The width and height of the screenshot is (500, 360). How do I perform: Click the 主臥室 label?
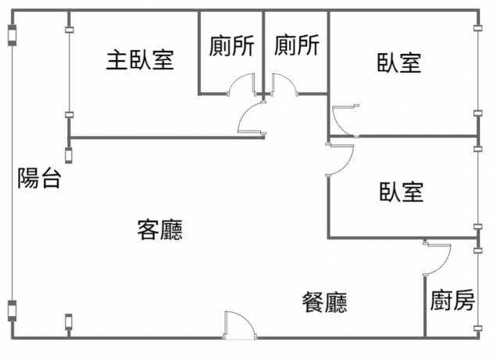[x=140, y=59]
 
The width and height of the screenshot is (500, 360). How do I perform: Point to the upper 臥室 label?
[x=399, y=63]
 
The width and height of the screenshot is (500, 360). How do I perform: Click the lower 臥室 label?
[x=402, y=191]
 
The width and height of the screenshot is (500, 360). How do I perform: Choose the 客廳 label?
[x=159, y=230]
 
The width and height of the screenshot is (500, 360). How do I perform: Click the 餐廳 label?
[x=325, y=302]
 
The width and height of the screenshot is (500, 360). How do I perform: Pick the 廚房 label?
[x=452, y=301]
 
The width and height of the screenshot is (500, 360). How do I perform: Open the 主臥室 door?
[x=252, y=121]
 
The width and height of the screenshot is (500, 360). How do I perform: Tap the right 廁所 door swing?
[x=283, y=84]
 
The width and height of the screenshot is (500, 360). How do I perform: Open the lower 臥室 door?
[x=341, y=160]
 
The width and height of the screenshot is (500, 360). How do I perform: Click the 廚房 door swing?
[x=438, y=258]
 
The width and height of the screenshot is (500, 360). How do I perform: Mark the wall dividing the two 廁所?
[x=263, y=51]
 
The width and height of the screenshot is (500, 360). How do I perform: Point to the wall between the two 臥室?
[x=402, y=137]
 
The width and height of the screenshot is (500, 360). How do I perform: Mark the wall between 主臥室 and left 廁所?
[x=198, y=51]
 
